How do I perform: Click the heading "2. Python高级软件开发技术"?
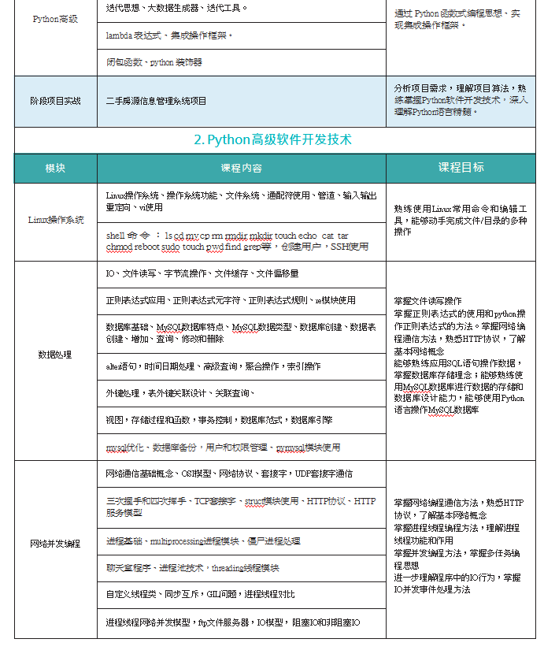pyautogui.click(x=272, y=139)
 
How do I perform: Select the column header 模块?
pyautogui.click(x=55, y=168)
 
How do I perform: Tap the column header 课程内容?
pyautogui.click(x=241, y=168)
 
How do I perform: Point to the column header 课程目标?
pyautogui.click(x=461, y=168)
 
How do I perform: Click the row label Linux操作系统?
pyautogui.click(x=55, y=220)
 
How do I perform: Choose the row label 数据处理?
pyautogui.click(x=55, y=355)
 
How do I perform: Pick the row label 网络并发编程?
pyautogui.click(x=55, y=544)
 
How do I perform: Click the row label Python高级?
pyautogui.click(x=55, y=19)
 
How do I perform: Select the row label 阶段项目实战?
pyautogui.click(x=55, y=101)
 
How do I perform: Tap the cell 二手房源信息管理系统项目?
pyautogui.click(x=156, y=101)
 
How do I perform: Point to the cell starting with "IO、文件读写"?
pyautogui.click(x=202, y=273)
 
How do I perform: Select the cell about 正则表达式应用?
pyautogui.click(x=230, y=300)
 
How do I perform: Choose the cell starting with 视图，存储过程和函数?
pyautogui.click(x=219, y=419)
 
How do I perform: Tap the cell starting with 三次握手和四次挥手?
pyautogui.click(x=240, y=507)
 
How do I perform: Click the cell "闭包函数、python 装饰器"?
pyautogui.click(x=154, y=61)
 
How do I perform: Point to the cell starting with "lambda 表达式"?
pyautogui.click(x=169, y=35)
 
